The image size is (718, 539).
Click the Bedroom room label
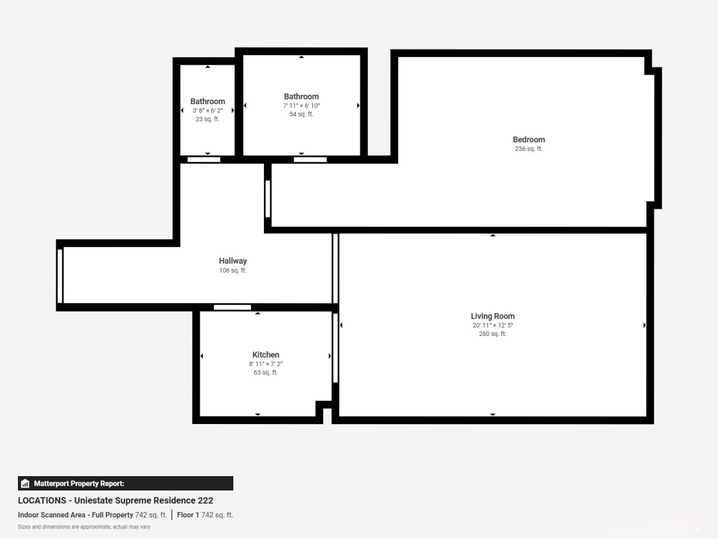[x=528, y=140]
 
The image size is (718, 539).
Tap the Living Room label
[x=492, y=316]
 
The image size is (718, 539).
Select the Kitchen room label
[x=266, y=355]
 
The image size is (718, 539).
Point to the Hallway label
[x=233, y=261]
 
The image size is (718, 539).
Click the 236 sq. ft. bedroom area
[x=528, y=149]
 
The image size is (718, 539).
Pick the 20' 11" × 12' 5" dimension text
[x=492, y=325]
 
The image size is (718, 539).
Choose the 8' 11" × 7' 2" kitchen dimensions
[x=266, y=364]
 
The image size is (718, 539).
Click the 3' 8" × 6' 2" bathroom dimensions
[x=208, y=111]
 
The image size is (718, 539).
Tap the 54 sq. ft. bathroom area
[x=302, y=114]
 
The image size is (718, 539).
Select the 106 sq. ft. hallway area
[x=233, y=270]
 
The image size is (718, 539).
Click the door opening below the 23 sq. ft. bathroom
[x=204, y=160]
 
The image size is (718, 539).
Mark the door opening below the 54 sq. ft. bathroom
[x=310, y=160]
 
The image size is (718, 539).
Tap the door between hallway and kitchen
[x=232, y=307]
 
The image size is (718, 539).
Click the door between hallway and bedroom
[x=267, y=199]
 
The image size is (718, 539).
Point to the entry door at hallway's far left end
[x=60, y=276]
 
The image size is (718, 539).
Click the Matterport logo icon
[x=25, y=483]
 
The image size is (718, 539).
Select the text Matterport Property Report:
[x=79, y=483]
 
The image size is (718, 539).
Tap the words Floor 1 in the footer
[x=188, y=515]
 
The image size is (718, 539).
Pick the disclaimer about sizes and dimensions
[x=84, y=527]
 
